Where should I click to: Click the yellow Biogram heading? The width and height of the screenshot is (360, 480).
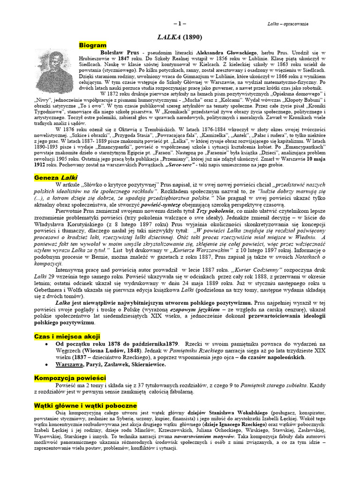[x=93, y=45]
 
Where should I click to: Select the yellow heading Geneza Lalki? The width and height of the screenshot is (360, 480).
[x=56, y=178]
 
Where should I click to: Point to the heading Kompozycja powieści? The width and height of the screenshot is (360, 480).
[x=70, y=378]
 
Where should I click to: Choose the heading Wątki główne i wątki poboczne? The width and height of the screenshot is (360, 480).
[x=85, y=405]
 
